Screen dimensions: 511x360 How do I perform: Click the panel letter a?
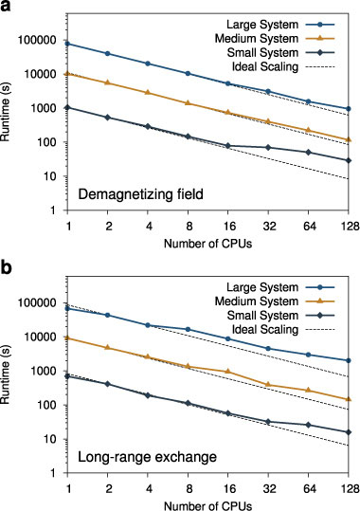coord(8,8)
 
